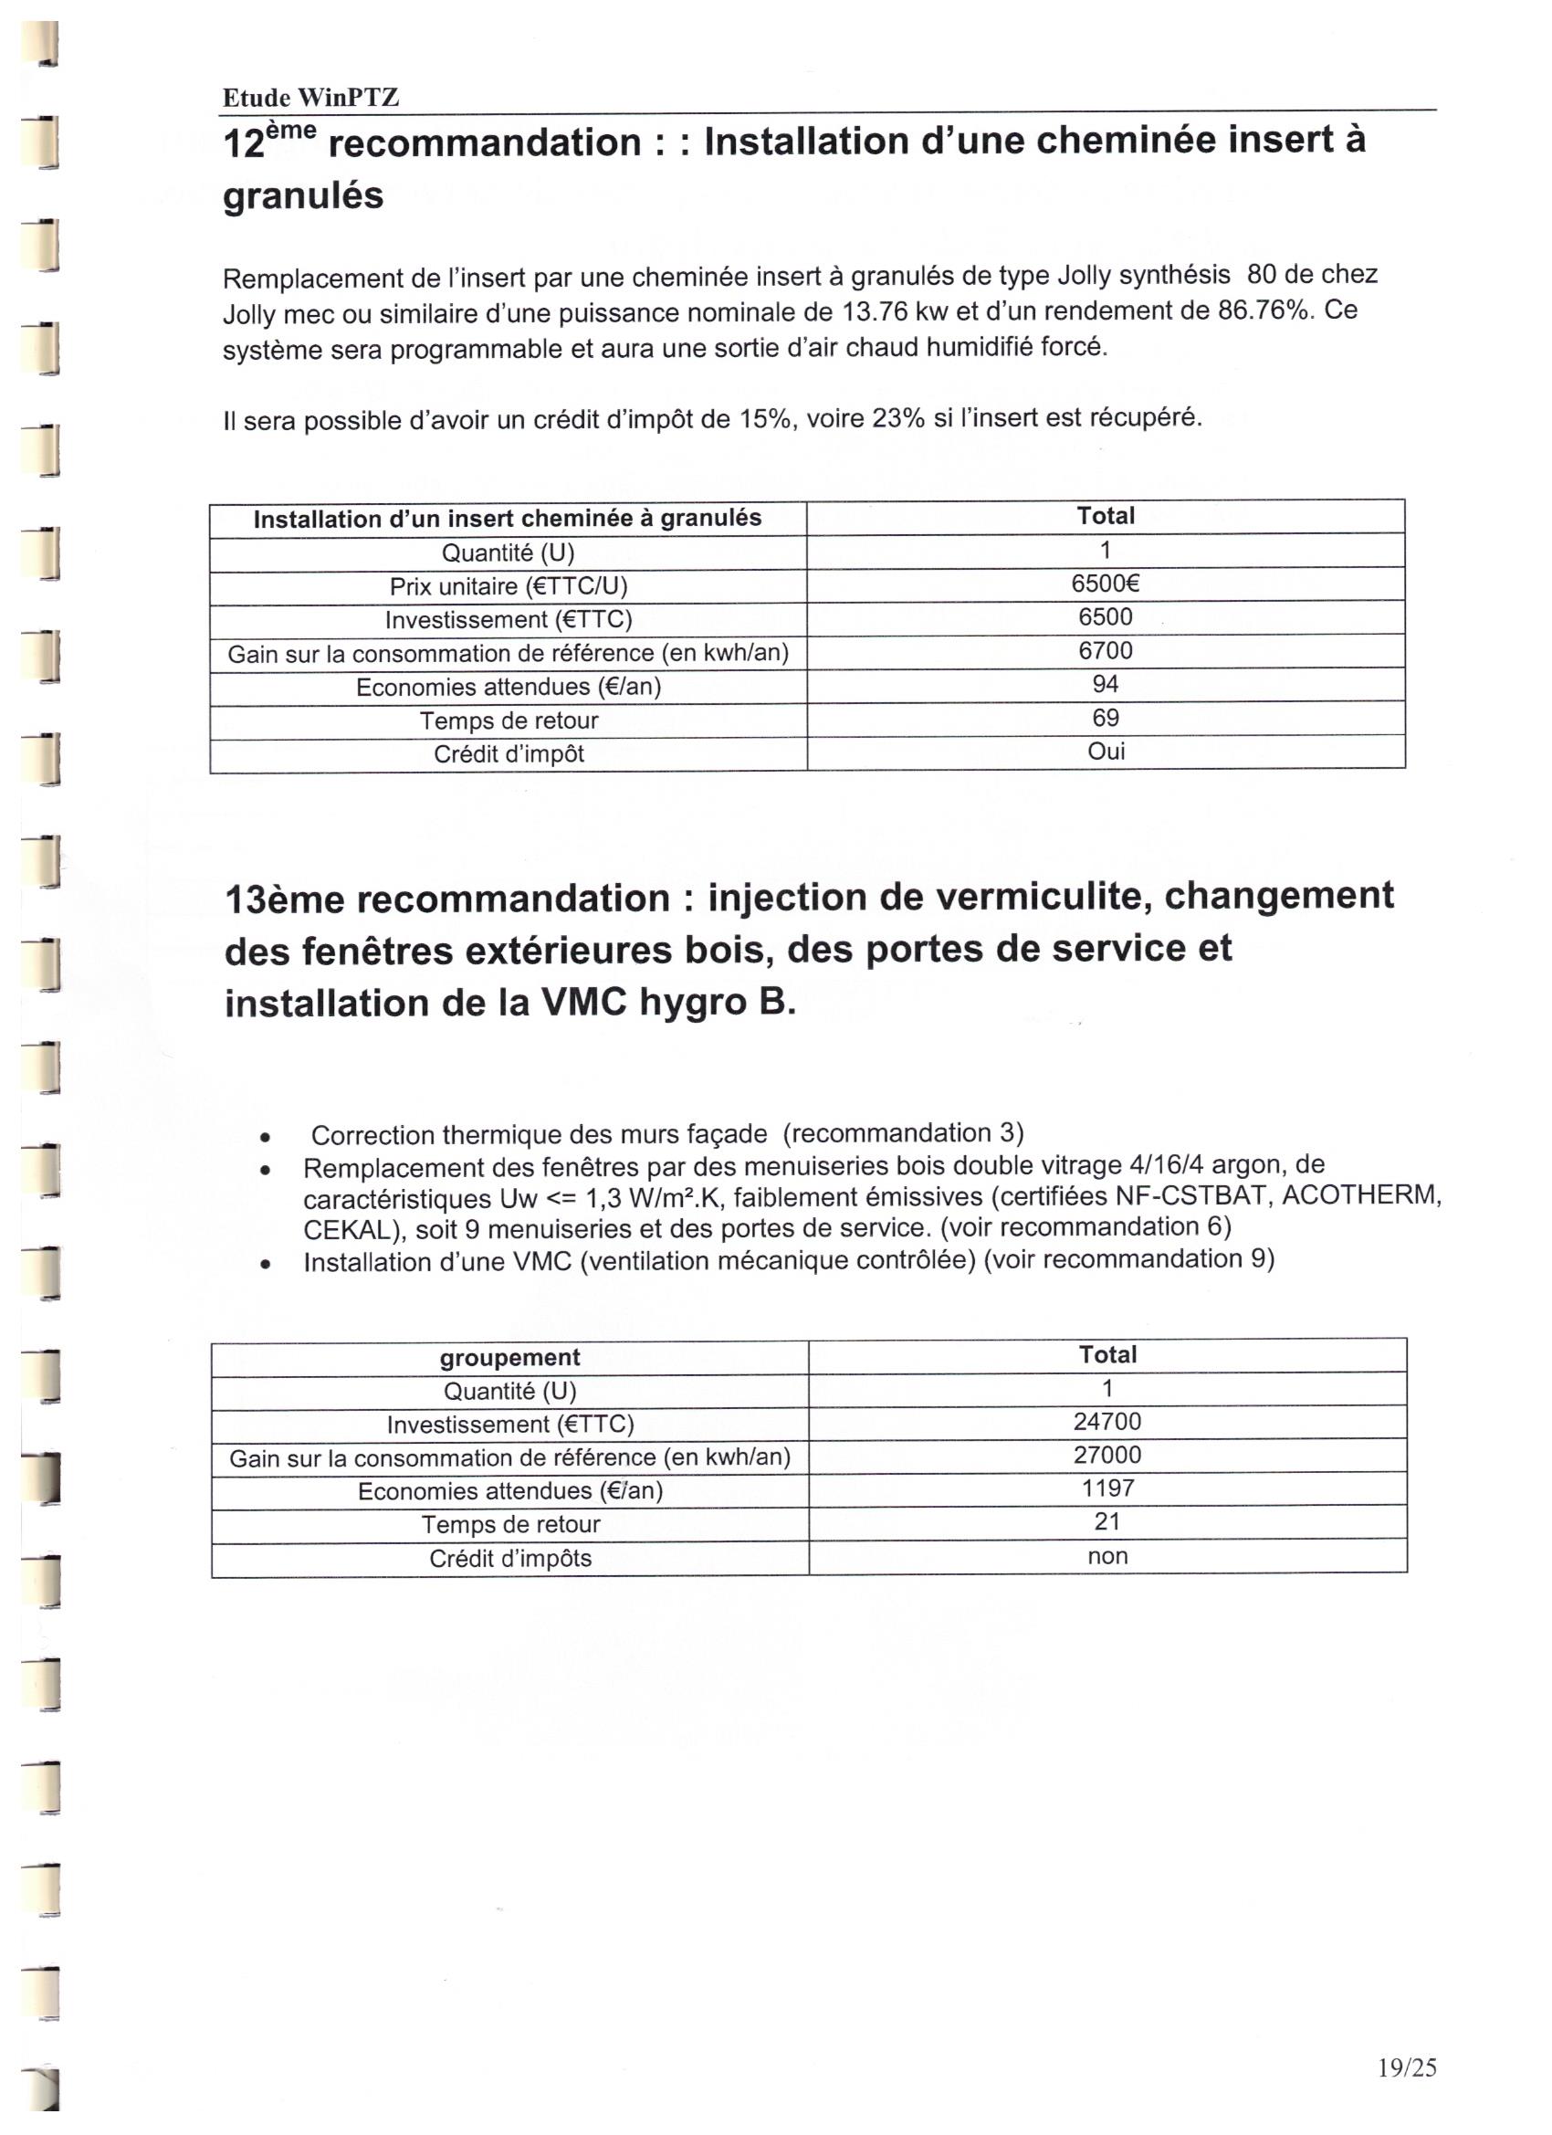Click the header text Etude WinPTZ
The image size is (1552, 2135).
pos(310,97)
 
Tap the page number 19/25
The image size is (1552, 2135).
pos(1406,2067)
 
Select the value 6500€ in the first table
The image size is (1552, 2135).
pos(1105,584)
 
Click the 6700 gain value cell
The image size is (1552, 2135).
pos(1105,650)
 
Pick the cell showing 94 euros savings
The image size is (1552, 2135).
pos(1105,684)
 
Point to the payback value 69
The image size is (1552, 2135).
pos(1105,719)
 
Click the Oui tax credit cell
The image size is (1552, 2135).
pos(1106,752)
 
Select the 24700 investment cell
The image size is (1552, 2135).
pos(1106,1422)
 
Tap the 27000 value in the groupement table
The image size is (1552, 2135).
pos(1106,1456)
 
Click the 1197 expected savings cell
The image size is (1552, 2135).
pos(1107,1488)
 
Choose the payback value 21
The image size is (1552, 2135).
pos(1106,1522)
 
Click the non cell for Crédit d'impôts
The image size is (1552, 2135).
pos(1106,1556)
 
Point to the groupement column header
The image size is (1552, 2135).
pos(509,1358)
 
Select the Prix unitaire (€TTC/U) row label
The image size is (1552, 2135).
pos(509,586)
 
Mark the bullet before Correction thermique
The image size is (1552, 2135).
pos(268,1136)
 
